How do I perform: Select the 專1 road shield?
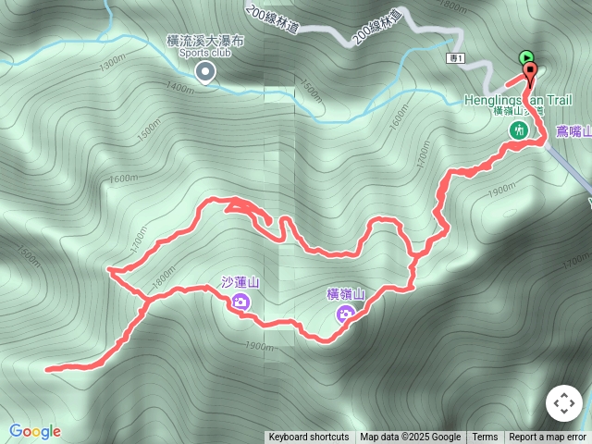tap(454, 58)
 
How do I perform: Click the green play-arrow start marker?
tap(526, 57)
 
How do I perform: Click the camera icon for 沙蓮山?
tap(240, 301)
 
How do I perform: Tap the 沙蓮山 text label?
tap(240, 282)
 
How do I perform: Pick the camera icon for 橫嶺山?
tap(345, 314)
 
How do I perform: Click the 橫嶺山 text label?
tap(345, 295)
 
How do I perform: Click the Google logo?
tap(34, 431)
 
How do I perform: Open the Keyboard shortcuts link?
tap(309, 438)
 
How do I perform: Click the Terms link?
tap(485, 438)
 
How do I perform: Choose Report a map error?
tap(548, 438)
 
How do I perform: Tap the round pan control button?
tap(563, 403)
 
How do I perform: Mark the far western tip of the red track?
tap(47, 368)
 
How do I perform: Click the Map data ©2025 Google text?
tap(410, 438)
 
